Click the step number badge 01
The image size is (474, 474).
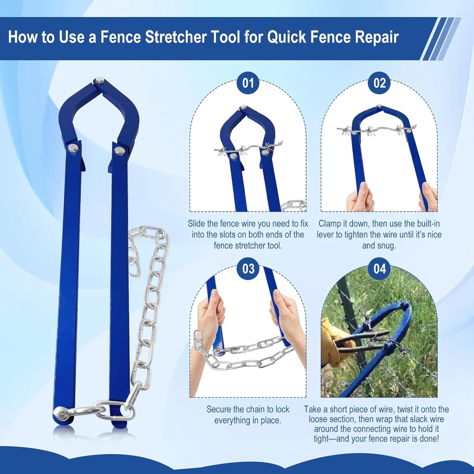point(248,83)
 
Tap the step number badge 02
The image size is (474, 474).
point(380,83)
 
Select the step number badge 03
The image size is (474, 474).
point(248,269)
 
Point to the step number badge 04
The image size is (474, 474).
point(380,269)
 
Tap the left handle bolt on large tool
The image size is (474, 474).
point(72,148)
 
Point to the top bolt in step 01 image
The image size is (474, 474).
point(243,108)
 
